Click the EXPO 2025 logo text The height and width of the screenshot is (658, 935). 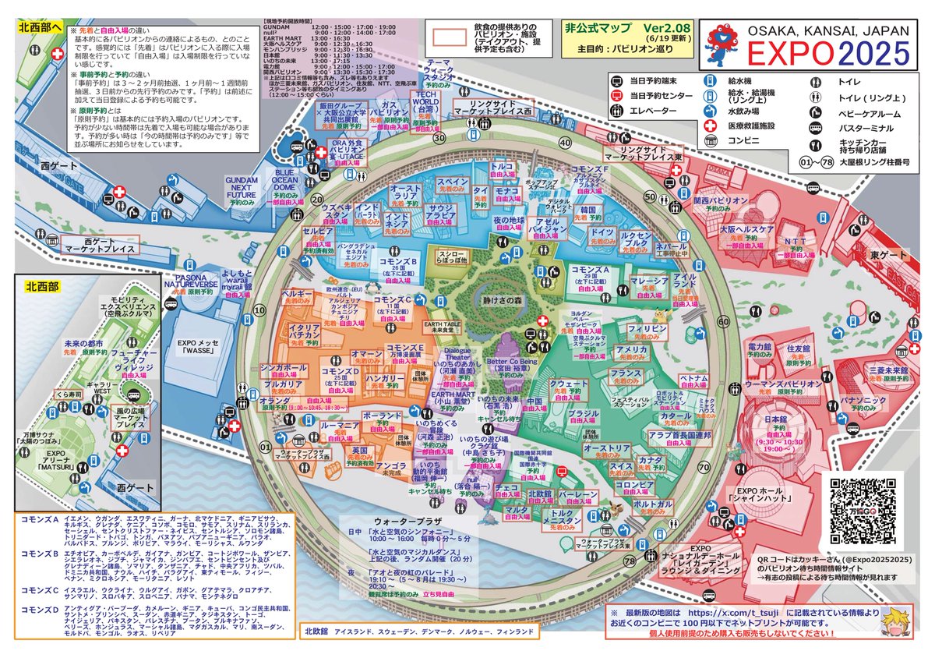point(827,54)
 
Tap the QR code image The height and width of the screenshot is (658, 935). point(866,511)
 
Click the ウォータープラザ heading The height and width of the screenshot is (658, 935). point(408,520)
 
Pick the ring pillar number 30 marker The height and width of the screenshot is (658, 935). point(439,138)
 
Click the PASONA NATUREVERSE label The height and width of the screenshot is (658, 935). point(190,280)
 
